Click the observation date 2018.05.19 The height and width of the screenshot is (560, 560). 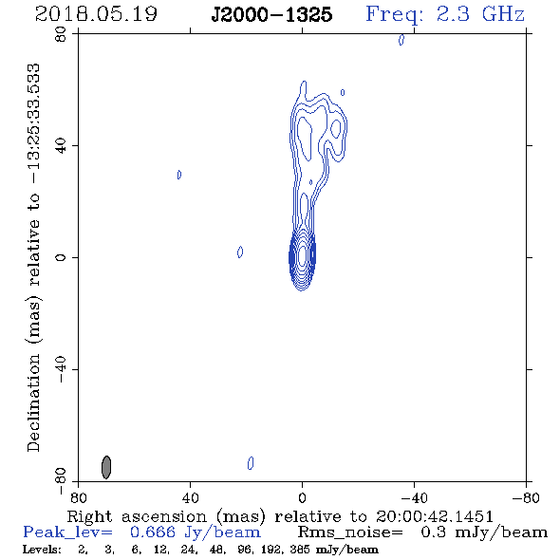(96, 14)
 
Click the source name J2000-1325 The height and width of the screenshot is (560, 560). (271, 15)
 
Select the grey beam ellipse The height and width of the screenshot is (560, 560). (106, 467)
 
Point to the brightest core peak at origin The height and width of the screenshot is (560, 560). (302, 254)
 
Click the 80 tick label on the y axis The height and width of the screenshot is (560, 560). (61, 34)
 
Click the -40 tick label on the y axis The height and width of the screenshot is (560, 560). (61, 369)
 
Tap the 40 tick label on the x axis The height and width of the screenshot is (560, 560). (190, 498)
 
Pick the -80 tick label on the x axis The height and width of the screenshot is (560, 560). (526, 498)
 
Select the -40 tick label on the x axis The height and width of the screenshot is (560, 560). (414, 498)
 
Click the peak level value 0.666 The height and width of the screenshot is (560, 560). (153, 532)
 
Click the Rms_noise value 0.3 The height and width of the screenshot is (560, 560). (433, 532)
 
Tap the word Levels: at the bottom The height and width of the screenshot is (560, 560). (42, 550)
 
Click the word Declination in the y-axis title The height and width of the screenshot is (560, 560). (33, 402)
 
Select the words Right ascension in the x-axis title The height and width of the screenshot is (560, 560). (137, 516)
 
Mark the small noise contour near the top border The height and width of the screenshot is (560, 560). (401, 40)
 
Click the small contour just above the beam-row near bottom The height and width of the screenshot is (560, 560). (251, 463)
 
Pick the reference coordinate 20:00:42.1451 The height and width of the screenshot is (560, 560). (435, 516)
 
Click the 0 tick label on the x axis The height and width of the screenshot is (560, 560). (302, 498)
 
